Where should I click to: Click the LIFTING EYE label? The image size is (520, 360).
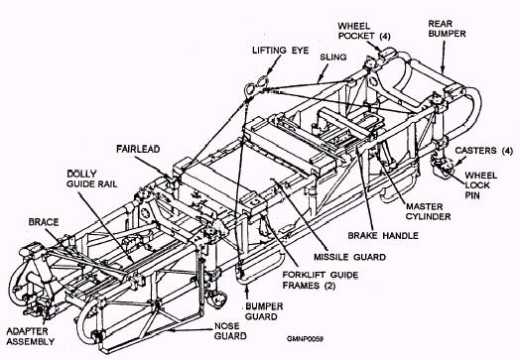280,51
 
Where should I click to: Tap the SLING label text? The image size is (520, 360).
333,57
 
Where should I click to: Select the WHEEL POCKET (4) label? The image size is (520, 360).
364,31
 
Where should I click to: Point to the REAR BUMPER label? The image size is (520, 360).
447,29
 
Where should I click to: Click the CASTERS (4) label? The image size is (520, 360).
483,151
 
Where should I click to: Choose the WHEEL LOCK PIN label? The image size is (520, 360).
480,185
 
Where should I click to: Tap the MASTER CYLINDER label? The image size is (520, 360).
428,211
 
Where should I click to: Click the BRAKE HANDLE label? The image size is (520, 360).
383,236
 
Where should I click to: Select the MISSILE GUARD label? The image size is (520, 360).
349,257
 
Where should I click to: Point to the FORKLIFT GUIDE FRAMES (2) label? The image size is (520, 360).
320,280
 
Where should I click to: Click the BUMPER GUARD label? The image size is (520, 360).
264,311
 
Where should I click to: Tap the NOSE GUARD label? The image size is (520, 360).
230,331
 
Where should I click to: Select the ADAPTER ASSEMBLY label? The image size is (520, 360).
30,336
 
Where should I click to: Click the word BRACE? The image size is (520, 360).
44,222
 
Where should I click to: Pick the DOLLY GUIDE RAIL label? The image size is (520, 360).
92,179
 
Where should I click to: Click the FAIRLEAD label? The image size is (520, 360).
138,149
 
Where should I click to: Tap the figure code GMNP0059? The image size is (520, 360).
305,339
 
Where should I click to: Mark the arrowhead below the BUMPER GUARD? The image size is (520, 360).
247,288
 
